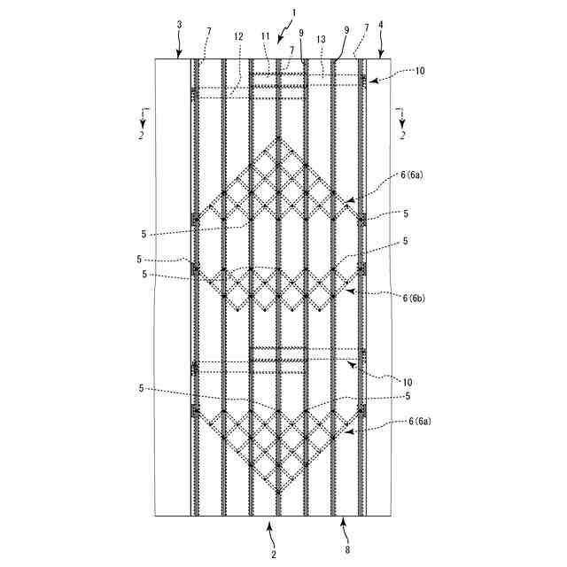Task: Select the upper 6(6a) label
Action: (x=413, y=176)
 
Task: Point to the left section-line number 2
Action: (x=141, y=136)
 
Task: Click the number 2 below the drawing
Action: (x=274, y=555)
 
